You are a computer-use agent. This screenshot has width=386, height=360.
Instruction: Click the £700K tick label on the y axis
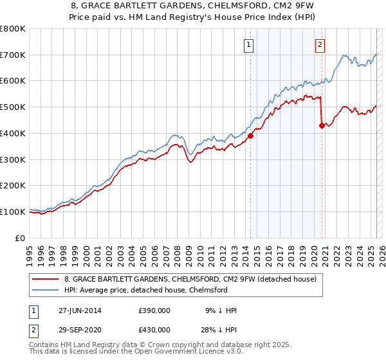point(13,55)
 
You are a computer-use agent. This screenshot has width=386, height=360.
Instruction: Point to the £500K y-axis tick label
point(13,107)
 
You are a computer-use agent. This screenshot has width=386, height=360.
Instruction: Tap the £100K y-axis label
point(13,212)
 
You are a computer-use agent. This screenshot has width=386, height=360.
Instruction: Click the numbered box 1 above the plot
point(248,44)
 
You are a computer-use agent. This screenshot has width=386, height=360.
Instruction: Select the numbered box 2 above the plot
point(320,44)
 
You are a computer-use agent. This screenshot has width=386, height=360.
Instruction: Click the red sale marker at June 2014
point(251,136)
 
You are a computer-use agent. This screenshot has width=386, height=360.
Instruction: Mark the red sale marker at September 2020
point(322,125)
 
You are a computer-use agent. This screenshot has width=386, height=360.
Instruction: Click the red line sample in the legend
point(46,280)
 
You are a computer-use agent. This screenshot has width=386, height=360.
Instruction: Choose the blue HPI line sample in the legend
point(46,290)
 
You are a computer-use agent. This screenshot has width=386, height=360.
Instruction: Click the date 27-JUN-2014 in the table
point(78,310)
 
